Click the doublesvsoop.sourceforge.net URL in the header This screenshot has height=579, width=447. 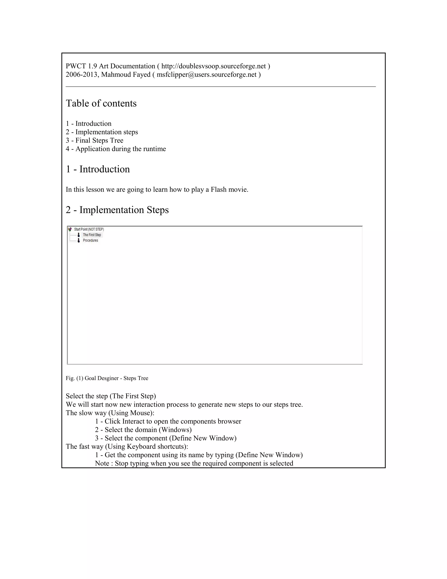click(213, 66)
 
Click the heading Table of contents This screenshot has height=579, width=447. click(101, 103)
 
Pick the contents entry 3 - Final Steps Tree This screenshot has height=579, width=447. click(95, 140)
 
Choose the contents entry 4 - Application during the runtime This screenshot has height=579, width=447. click(116, 149)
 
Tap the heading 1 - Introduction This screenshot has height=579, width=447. click(98, 169)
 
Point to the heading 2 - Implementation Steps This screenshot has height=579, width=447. click(117, 210)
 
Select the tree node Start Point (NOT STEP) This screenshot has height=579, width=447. click(89, 229)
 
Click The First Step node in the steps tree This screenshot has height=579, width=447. click(92, 235)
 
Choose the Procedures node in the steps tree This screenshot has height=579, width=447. click(90, 241)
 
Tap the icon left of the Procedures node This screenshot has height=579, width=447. click(79, 241)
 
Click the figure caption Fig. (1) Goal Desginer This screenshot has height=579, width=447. click(107, 378)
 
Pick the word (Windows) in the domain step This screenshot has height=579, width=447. click(175, 430)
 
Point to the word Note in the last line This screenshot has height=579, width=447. click(102, 463)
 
